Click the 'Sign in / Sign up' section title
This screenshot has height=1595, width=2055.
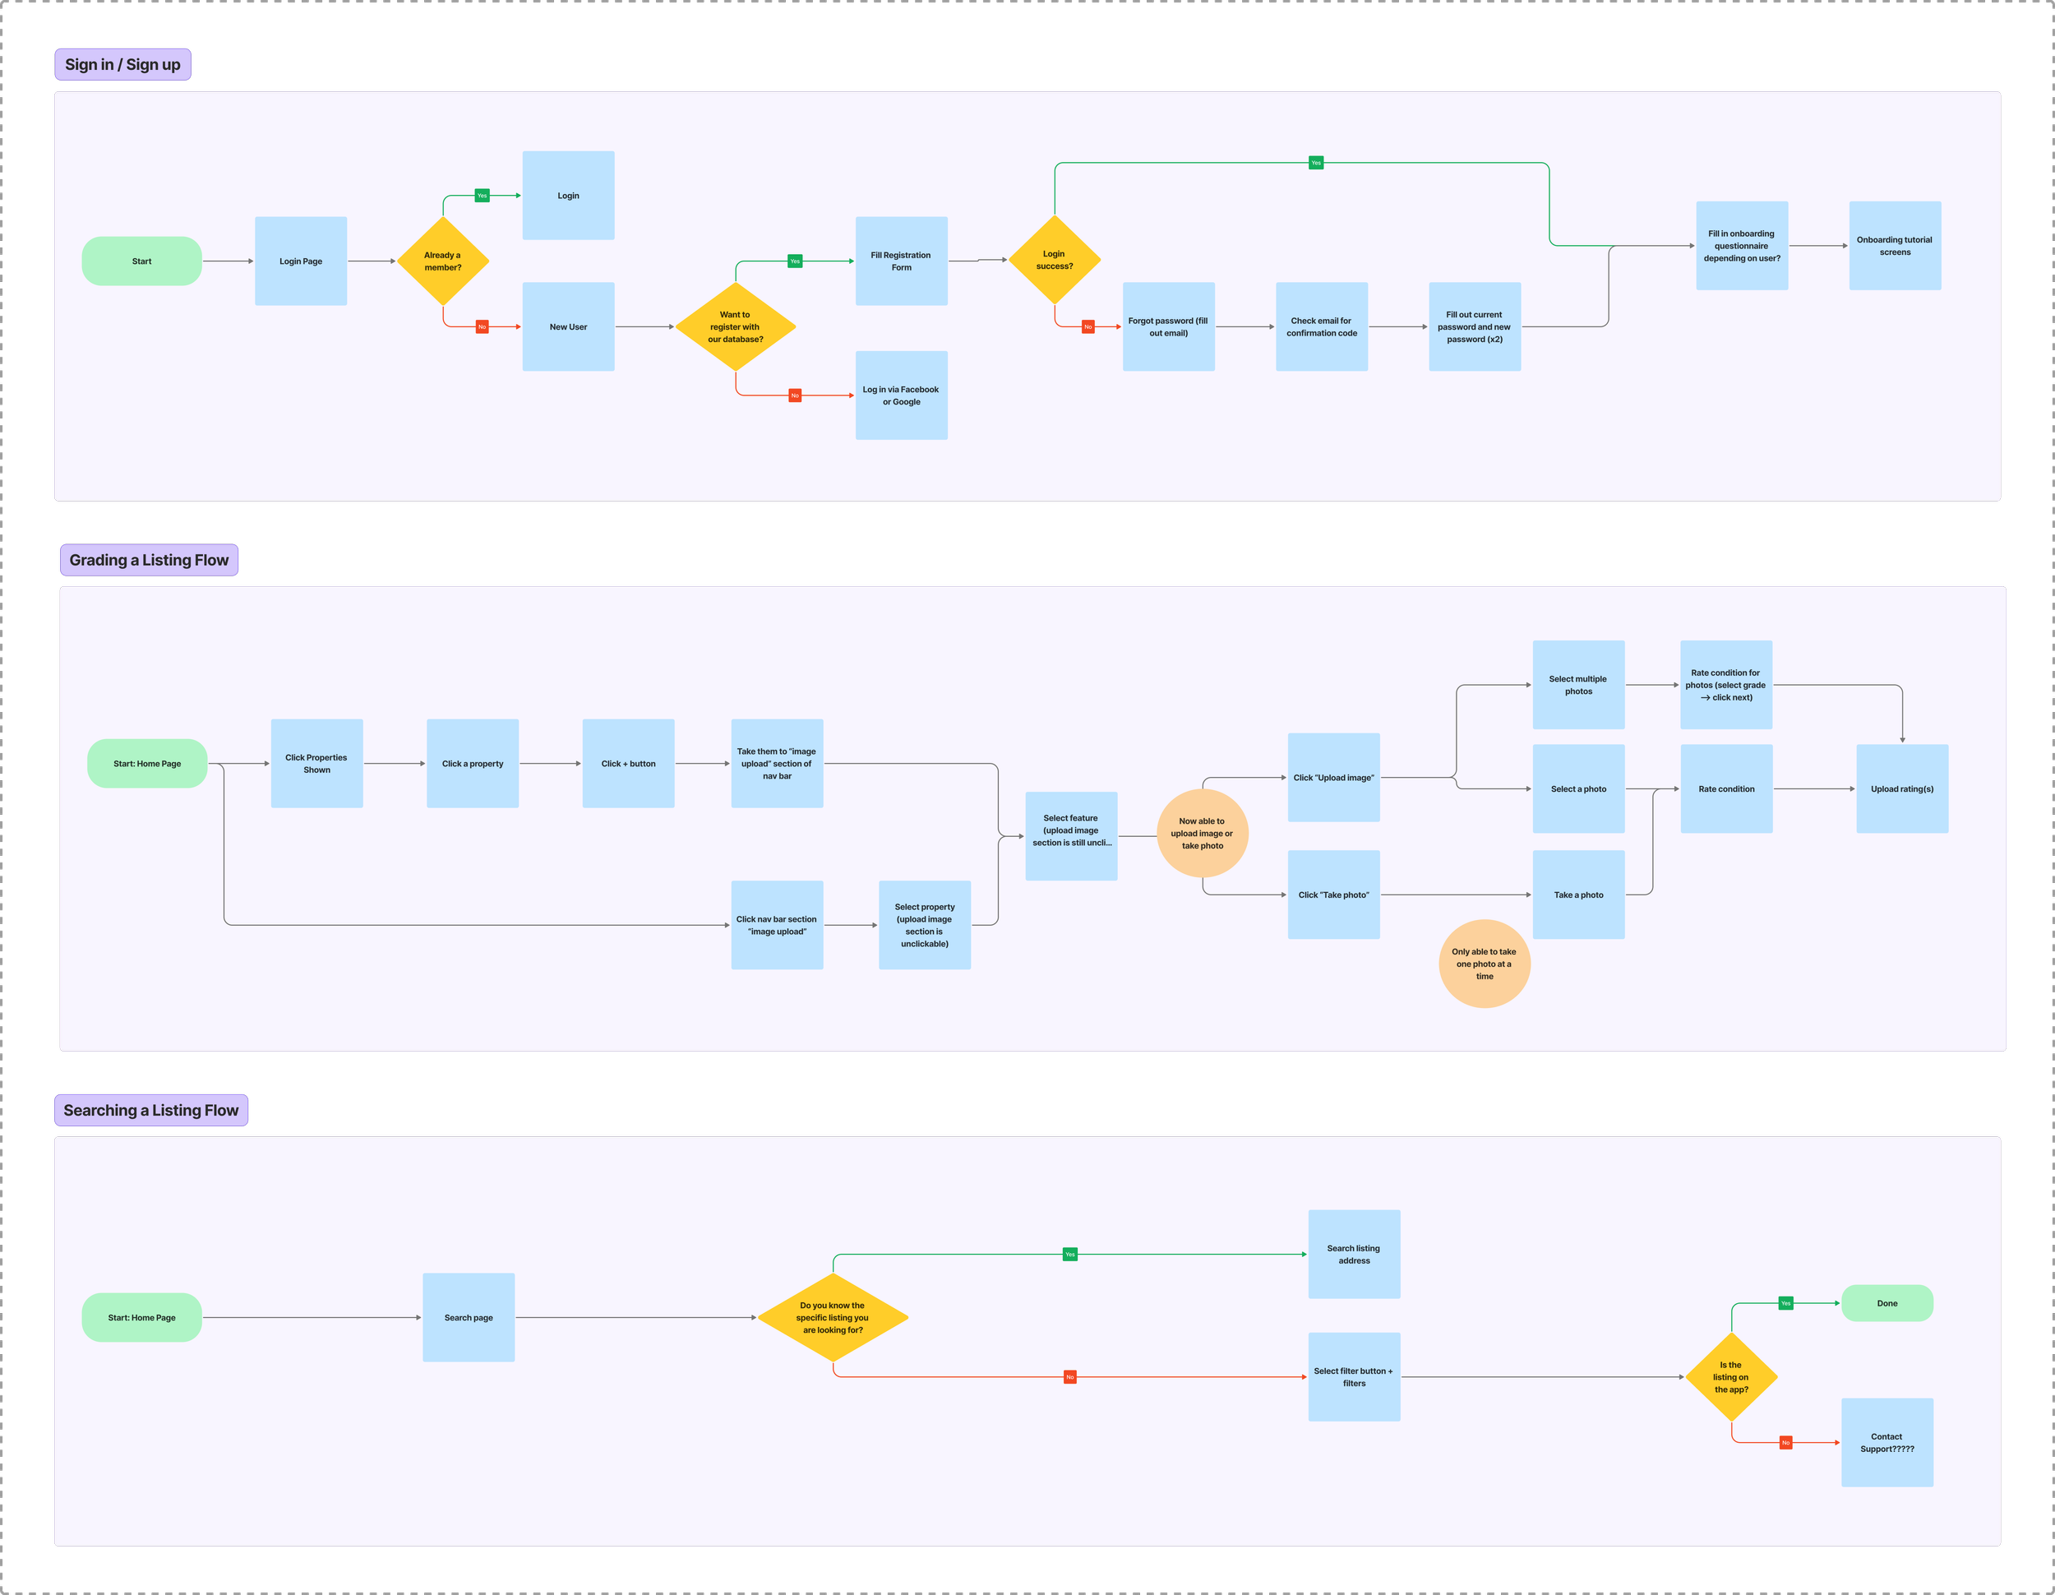pos(122,65)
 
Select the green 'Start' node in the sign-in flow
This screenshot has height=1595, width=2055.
pos(142,261)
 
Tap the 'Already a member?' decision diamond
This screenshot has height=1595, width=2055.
pos(442,261)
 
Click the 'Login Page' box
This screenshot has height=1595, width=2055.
pos(301,261)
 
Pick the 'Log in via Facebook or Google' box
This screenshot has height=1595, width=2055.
pos(900,395)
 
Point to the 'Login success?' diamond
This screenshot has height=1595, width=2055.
pos(1054,260)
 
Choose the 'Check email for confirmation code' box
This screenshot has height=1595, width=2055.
pos(1321,326)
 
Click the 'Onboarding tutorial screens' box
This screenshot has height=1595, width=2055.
pos(1894,246)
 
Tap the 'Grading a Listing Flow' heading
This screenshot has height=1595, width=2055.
pos(149,560)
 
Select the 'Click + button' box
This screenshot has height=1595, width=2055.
pos(628,763)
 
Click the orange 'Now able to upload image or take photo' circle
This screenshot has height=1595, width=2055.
pos(1202,833)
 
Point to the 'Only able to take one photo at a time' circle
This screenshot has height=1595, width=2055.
pos(1484,964)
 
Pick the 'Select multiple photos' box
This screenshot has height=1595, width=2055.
pos(1578,685)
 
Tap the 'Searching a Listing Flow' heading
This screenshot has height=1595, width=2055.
pos(150,1111)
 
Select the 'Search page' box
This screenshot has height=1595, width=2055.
pos(469,1317)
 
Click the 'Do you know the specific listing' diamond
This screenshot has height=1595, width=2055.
pos(833,1317)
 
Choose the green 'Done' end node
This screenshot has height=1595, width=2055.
pos(1886,1303)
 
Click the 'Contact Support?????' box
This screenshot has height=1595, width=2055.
pos(1886,1443)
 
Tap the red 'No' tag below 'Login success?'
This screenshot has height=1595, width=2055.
pos(1088,326)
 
